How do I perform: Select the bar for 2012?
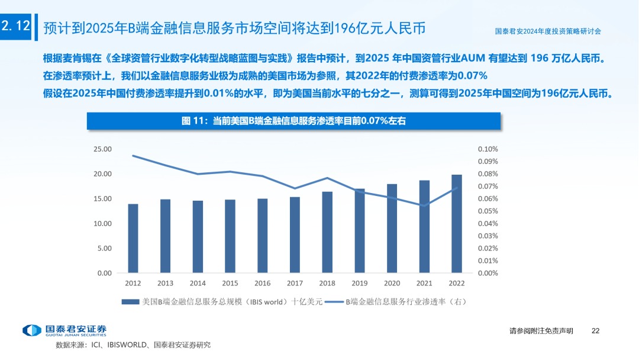(x=133, y=239)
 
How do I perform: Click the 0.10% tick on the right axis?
(x=488, y=149)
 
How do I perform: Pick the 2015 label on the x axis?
(x=230, y=284)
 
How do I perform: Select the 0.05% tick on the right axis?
(x=488, y=211)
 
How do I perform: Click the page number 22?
(x=596, y=331)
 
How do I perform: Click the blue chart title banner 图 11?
(x=294, y=121)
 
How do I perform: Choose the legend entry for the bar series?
(x=222, y=301)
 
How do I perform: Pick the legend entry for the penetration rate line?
(x=396, y=301)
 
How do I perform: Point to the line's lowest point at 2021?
(x=424, y=205)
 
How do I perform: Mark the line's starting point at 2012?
(x=133, y=156)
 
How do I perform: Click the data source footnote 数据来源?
(x=133, y=345)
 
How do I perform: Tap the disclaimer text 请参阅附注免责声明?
(x=541, y=331)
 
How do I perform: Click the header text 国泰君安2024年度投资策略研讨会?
(x=551, y=31)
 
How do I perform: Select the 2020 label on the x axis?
(x=391, y=284)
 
